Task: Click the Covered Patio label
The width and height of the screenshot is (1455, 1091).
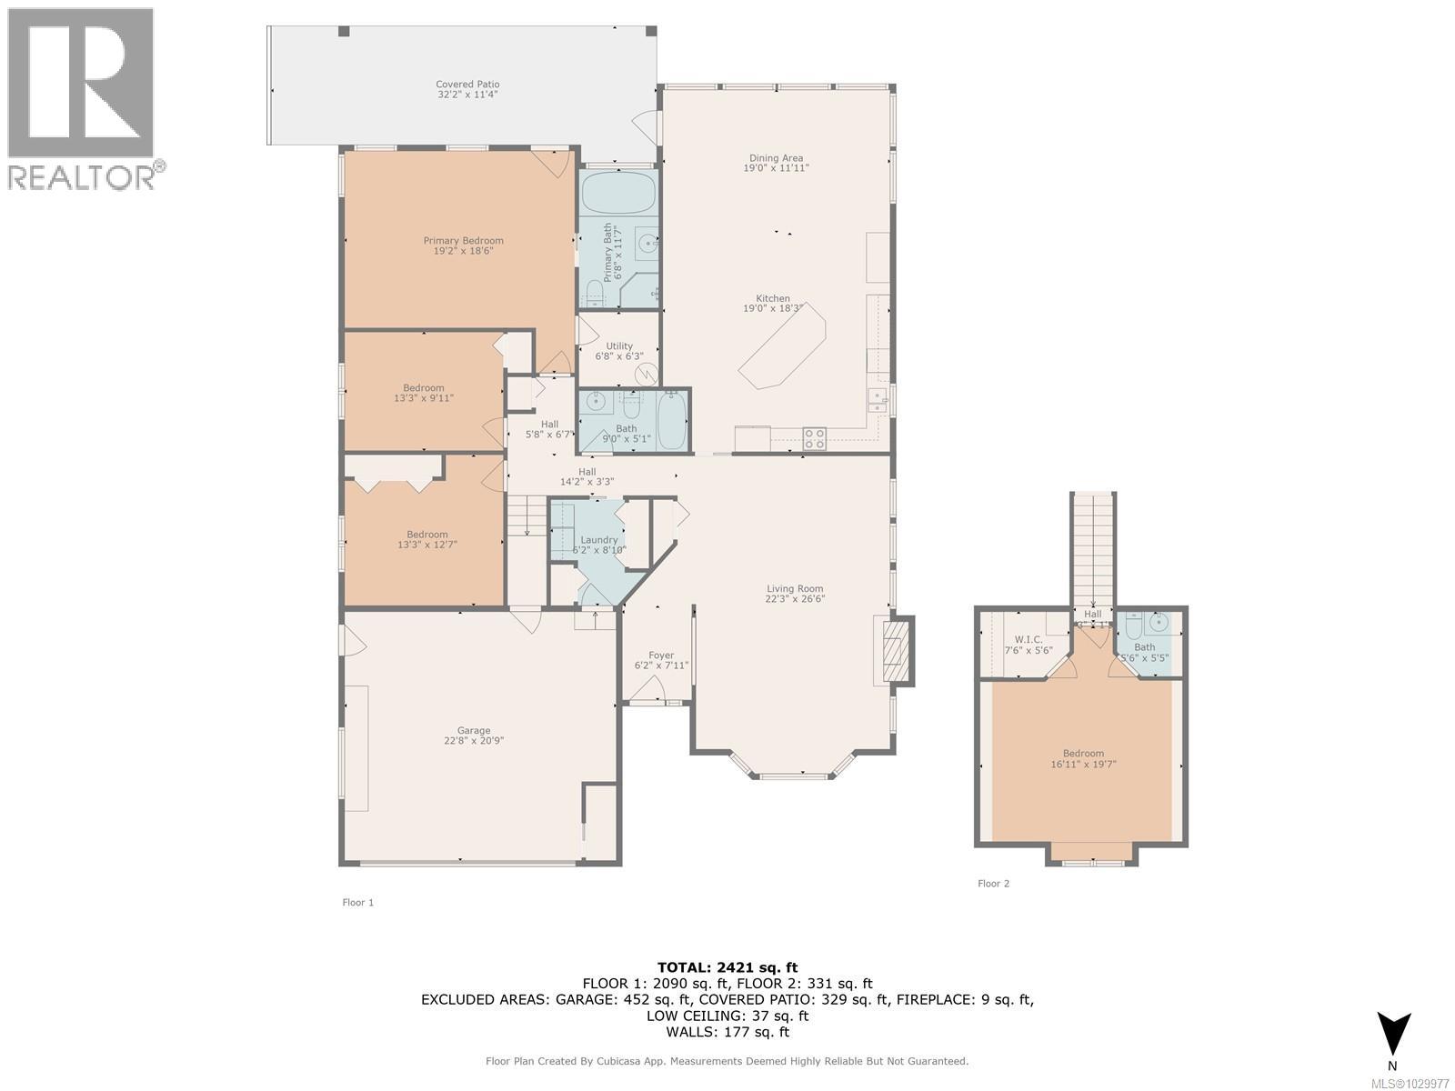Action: (467, 85)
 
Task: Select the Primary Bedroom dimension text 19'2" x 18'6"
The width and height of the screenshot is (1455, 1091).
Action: (463, 251)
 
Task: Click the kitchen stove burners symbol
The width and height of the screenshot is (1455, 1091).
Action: (815, 439)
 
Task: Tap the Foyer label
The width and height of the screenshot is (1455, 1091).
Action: (661, 656)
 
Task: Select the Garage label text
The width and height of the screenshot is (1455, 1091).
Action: (474, 730)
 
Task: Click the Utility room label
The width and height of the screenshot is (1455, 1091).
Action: (619, 346)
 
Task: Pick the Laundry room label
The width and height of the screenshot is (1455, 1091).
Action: (598, 540)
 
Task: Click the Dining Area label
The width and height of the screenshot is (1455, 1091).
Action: (776, 158)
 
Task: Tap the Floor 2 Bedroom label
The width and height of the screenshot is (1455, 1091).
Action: (1083, 753)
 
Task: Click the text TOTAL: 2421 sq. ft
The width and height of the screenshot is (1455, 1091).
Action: (727, 967)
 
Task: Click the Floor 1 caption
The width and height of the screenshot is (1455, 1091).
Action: (357, 902)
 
